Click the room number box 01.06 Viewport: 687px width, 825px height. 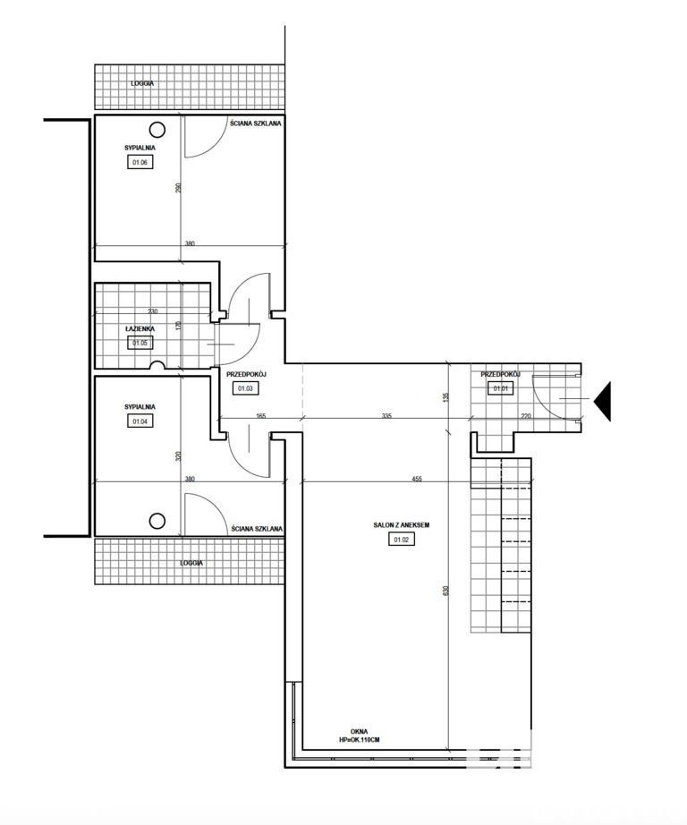tap(140, 162)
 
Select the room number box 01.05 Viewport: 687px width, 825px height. tap(140, 343)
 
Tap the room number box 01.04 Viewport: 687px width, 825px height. tap(140, 421)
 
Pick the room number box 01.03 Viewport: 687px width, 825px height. tap(246, 388)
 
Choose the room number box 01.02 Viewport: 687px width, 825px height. tap(402, 539)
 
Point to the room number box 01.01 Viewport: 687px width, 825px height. tap(500, 389)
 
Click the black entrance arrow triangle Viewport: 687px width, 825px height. tap(602, 402)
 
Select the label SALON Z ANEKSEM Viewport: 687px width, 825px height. tap(402, 525)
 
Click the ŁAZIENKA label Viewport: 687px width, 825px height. tap(140, 329)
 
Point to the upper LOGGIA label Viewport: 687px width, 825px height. tap(142, 83)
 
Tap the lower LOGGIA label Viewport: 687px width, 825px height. tap(191, 563)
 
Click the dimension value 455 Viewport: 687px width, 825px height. tap(417, 479)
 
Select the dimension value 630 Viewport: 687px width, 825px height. tap(446, 591)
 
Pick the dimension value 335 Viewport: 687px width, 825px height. tap(386, 416)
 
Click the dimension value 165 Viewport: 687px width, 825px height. tap(261, 416)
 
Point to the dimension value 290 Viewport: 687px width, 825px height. tap(178, 188)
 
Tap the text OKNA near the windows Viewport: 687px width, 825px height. tap(360, 731)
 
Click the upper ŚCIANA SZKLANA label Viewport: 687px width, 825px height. tap(256, 123)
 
